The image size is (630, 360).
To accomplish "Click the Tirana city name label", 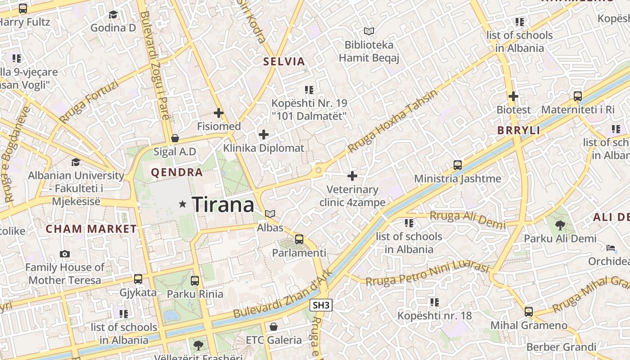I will tap(223, 205).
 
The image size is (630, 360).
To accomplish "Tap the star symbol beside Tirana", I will tap(182, 204).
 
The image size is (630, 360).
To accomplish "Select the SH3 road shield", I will tap(321, 305).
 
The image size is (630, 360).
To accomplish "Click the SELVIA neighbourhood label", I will tap(284, 62).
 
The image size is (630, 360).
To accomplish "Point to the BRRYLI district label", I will tap(518, 130).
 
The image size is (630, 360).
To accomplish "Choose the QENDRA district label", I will tap(177, 172).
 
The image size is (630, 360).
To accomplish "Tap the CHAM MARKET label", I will tap(91, 229).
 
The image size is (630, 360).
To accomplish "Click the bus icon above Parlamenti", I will tap(299, 239).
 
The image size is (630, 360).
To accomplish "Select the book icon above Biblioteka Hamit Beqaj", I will tap(369, 31).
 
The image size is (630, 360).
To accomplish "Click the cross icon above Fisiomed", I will tap(219, 113).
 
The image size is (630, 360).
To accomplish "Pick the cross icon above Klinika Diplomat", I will tap(264, 135).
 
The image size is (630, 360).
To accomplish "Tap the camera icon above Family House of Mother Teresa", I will tap(65, 254).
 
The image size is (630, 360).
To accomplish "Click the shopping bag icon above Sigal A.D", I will tap(175, 138).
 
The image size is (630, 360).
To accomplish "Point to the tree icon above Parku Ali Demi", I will tap(560, 225).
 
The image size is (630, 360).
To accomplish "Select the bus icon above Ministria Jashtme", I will tap(458, 165).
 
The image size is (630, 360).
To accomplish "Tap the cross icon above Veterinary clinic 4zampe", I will tap(352, 176).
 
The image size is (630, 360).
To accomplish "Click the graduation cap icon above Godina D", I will tap(113, 15).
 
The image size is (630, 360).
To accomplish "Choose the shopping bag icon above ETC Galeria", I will tap(274, 326).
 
